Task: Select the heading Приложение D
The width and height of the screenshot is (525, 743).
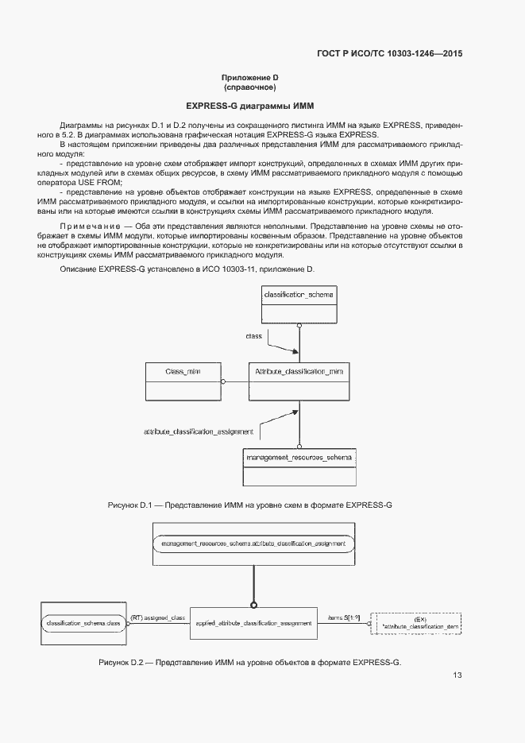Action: coord(249,77)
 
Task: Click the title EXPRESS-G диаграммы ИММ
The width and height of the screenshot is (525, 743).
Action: coord(249,106)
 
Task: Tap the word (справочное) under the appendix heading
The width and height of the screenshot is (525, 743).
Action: coord(249,87)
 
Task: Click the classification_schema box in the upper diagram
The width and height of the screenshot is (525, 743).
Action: coord(299,304)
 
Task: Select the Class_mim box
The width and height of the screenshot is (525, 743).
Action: coord(182,381)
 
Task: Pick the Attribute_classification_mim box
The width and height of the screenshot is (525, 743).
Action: coord(298,381)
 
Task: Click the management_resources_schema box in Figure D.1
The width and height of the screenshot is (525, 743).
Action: coord(299,467)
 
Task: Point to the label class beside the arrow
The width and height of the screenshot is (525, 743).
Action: coord(253,336)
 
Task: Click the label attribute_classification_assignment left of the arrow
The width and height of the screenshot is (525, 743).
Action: coord(199,431)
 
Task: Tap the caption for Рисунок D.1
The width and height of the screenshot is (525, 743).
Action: coord(250,505)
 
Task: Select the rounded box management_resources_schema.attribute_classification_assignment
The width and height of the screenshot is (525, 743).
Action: coord(253,544)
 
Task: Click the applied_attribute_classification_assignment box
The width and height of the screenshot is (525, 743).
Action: coord(253,624)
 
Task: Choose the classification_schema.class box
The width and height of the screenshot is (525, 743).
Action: coord(83,624)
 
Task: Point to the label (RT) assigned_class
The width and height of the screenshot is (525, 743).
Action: coord(157,617)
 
